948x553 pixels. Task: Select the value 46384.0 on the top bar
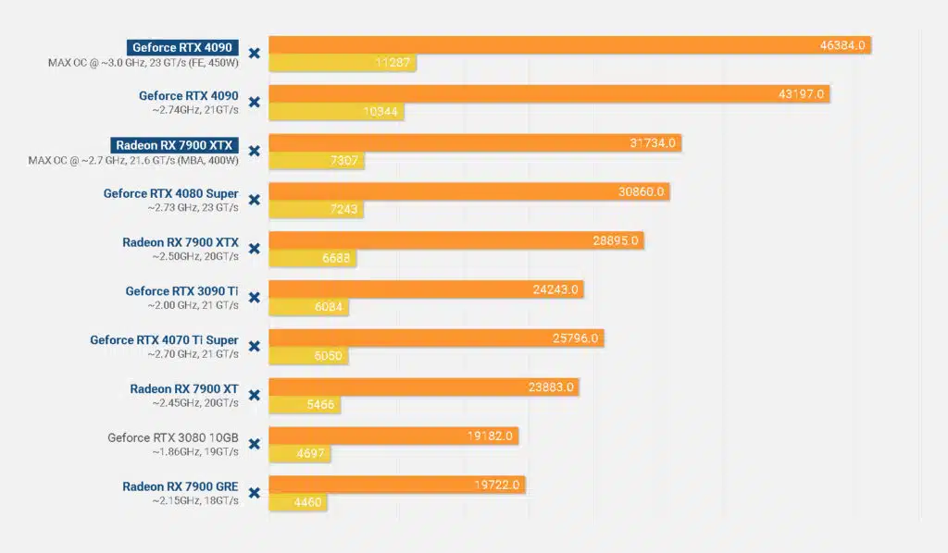point(842,45)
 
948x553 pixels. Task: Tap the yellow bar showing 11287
point(343,64)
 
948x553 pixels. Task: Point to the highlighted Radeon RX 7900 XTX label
point(175,145)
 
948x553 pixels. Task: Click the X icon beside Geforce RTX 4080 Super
point(254,200)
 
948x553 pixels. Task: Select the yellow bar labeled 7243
point(316,210)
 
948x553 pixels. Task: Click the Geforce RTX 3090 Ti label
point(181,291)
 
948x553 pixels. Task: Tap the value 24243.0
point(555,289)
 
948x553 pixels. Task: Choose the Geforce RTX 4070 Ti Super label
point(164,340)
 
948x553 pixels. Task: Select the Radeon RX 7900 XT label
point(184,389)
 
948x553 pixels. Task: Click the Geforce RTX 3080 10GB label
point(173,438)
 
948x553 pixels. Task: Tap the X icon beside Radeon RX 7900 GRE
point(254,492)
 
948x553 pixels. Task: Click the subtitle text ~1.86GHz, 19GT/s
point(195,452)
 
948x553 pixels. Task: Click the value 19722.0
point(498,485)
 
